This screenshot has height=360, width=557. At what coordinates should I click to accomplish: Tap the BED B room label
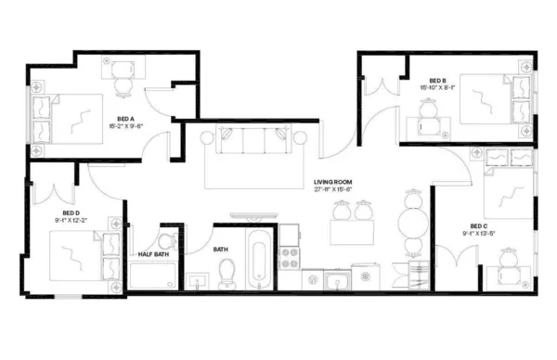(438, 81)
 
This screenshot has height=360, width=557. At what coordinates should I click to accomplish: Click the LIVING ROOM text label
(331, 181)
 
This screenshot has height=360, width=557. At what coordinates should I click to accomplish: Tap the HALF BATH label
(153, 253)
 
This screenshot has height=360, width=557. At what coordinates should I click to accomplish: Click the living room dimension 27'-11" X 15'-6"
(331, 189)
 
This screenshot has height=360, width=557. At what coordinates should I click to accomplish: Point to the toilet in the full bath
(227, 271)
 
